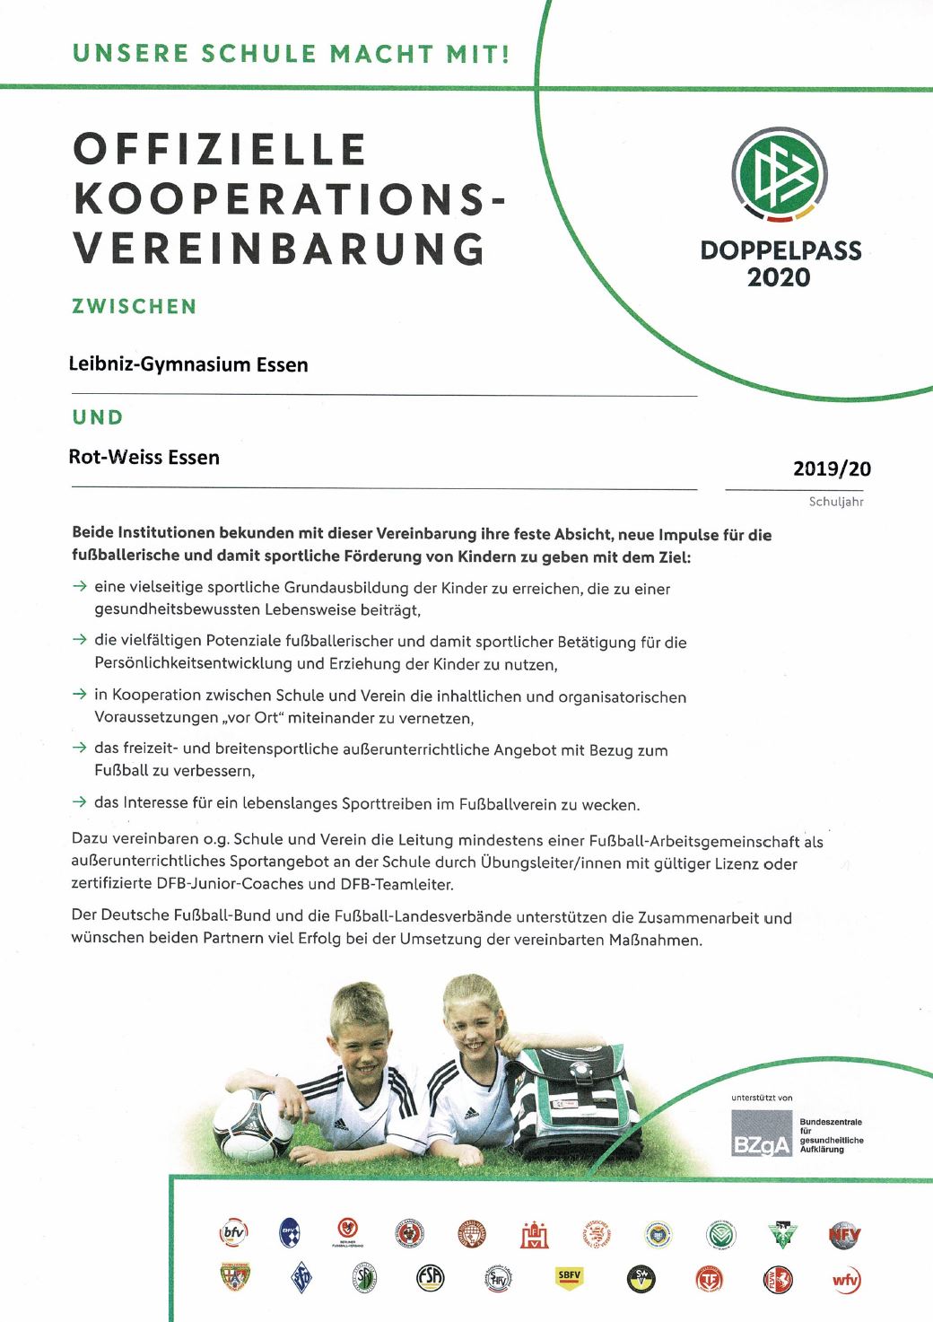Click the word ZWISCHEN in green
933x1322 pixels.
tap(135, 306)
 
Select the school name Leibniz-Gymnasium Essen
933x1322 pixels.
tap(188, 364)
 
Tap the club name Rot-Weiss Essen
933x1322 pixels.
tap(144, 457)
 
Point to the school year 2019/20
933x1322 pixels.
tap(832, 468)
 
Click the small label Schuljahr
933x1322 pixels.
tap(836, 502)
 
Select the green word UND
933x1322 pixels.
tap(98, 417)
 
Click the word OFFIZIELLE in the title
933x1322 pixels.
tap(220, 149)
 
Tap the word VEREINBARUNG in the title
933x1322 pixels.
tap(279, 249)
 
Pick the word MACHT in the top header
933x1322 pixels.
tap(380, 53)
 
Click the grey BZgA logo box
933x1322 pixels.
tap(762, 1134)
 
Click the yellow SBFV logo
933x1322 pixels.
tap(569, 1275)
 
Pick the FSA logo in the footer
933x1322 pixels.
tap(431, 1277)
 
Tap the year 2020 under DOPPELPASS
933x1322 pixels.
tap(779, 277)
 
